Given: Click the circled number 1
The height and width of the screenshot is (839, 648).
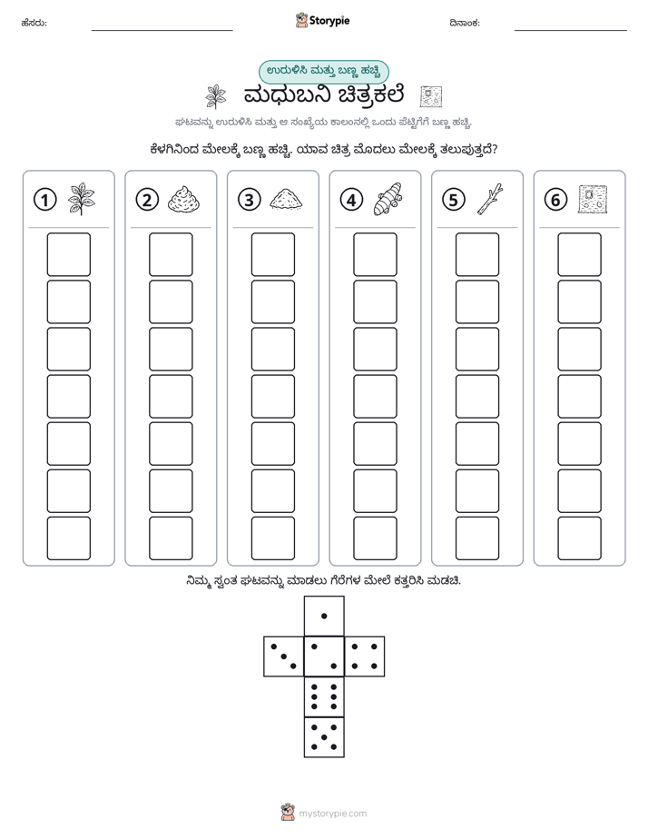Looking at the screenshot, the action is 44,200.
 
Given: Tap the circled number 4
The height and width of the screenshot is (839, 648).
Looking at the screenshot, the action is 351,200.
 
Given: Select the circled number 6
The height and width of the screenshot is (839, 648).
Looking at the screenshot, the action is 555,200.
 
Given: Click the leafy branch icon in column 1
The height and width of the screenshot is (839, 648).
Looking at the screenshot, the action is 82,199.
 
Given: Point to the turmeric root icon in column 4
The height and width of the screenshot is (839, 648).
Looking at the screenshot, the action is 388,199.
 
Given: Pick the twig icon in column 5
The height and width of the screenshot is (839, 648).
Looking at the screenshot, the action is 490,199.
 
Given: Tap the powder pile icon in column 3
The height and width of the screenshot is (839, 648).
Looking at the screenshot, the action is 286,199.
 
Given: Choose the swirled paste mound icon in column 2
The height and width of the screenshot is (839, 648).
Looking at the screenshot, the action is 184,199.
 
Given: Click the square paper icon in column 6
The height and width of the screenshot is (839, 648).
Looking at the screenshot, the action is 593,199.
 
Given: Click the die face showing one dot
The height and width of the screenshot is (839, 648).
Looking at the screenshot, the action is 324,616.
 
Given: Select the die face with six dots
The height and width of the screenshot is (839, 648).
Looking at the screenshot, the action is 324,696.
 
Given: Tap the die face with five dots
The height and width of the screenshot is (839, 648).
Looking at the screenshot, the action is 324,736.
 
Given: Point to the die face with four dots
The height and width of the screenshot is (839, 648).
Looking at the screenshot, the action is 365,656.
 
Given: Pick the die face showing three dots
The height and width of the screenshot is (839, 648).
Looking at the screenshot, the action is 284,656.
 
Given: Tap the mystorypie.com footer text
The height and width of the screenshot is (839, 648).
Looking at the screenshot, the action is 332,814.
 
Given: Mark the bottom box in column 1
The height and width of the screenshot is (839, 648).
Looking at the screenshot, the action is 68,538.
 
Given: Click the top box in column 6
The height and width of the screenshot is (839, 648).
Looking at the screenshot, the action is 579,254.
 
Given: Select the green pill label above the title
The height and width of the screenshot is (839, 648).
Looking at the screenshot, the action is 323,72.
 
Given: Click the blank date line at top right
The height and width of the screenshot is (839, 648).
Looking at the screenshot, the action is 571,30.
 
